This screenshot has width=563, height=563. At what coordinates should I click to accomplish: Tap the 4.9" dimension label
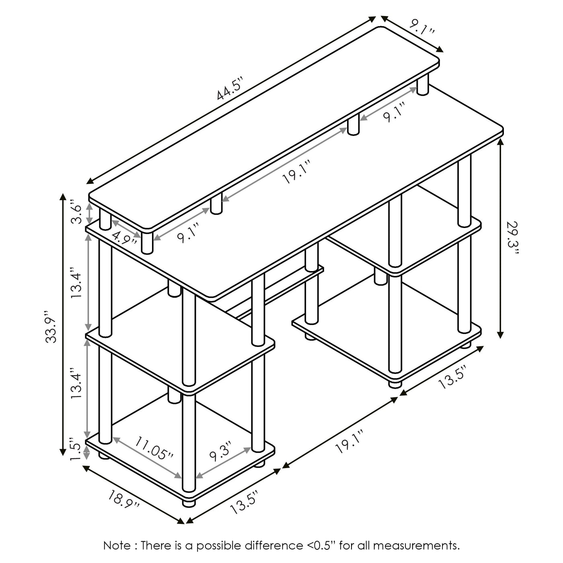[x=125, y=238]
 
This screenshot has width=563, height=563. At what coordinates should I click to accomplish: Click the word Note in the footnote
[x=117, y=545]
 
